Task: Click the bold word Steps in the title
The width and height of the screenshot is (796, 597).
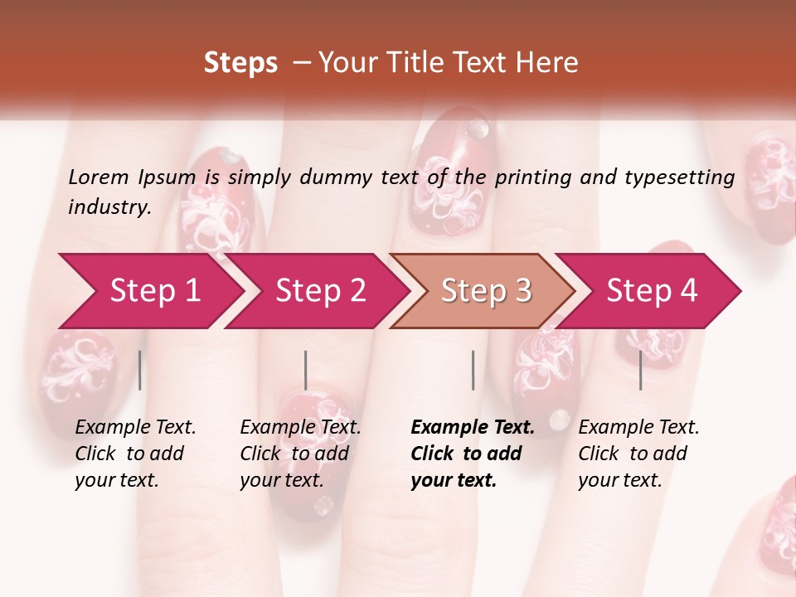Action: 240,63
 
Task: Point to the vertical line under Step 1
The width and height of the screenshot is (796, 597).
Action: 140,370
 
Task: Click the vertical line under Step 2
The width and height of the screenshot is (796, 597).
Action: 306,370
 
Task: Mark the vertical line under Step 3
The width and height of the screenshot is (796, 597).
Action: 473,370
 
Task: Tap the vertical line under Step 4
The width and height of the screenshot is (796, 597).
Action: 641,370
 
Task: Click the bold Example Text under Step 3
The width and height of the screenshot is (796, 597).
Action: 473,428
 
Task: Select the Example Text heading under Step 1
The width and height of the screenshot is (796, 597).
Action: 135,428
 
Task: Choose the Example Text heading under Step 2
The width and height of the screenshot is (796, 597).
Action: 300,428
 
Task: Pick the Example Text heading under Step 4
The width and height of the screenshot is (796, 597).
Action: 638,428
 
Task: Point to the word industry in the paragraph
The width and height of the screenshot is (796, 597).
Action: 109,207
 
